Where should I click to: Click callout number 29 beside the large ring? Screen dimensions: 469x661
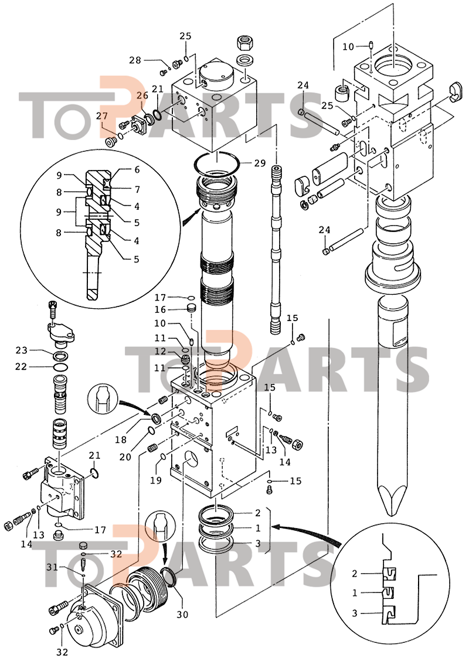[x=261, y=163]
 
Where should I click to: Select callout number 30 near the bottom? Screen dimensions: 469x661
[x=182, y=615]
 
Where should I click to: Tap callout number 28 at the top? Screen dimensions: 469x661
[x=135, y=60]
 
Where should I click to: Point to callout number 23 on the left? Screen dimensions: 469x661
[x=22, y=350]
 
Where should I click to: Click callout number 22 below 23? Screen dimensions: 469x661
[x=22, y=367]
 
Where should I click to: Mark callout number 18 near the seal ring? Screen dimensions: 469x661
[x=121, y=440]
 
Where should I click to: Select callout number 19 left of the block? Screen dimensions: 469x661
[x=156, y=480]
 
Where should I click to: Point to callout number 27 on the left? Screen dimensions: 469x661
[x=103, y=117]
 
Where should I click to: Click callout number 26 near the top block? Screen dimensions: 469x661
[x=142, y=96]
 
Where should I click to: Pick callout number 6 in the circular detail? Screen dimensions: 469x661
[x=137, y=170]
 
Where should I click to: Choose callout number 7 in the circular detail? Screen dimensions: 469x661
[x=137, y=190]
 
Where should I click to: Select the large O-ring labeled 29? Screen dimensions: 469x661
[x=217, y=163]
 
